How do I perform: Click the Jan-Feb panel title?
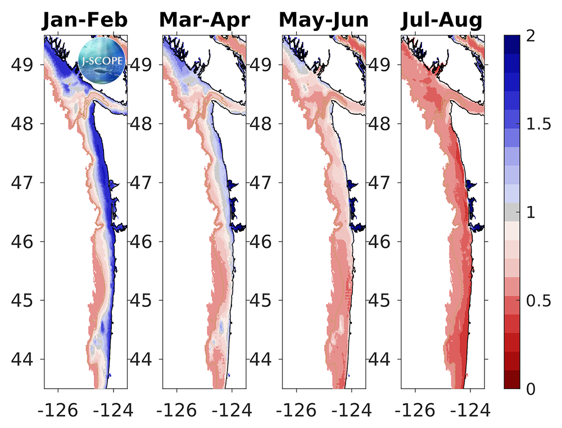coord(85,21)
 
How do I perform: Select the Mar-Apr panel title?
coord(204,21)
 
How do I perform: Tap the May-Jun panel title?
coord(324,21)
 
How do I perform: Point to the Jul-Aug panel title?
coord(442,21)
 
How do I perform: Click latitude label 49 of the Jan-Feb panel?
coord(26,64)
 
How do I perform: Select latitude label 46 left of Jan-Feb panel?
coord(26,241)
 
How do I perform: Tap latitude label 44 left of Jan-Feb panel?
coord(26,359)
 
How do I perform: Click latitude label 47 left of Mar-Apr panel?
coord(144,182)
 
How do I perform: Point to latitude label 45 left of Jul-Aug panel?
coord(383,300)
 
